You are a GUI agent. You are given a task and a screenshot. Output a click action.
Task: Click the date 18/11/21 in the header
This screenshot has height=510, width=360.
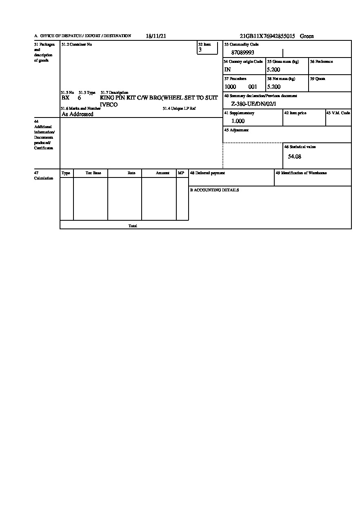156,36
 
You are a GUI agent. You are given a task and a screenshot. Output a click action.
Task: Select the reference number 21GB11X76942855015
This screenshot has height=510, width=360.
267,36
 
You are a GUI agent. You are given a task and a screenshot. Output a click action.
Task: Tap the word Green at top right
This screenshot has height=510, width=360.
307,36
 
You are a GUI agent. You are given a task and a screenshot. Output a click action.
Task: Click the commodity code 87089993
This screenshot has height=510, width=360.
243,53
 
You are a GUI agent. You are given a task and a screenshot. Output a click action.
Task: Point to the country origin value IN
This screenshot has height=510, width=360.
227,70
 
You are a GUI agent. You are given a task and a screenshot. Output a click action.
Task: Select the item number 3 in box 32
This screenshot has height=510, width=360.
200,50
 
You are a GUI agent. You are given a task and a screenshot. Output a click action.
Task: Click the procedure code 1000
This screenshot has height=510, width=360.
230,87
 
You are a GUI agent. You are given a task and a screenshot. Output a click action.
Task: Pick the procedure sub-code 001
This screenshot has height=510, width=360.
253,87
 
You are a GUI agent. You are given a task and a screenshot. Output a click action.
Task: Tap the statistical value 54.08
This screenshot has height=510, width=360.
295,156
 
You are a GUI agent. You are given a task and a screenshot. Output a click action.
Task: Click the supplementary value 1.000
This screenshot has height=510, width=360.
238,121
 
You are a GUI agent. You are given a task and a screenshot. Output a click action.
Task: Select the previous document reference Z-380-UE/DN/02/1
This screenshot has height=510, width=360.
253,104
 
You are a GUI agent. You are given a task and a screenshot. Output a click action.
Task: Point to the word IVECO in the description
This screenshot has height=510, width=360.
109,105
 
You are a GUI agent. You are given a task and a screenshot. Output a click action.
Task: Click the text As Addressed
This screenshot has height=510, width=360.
78,114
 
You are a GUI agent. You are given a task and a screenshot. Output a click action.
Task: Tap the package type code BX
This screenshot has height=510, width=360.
65,98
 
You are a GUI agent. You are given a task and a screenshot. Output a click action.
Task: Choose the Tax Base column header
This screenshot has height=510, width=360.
93,173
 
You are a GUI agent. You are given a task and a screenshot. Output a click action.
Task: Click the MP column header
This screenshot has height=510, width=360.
181,173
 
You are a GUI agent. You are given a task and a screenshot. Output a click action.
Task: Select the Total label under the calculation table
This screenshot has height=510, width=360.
133,226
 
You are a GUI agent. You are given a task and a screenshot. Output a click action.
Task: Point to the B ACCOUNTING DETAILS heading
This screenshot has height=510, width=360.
214,190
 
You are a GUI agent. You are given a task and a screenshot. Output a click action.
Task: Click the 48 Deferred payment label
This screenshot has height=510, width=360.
207,173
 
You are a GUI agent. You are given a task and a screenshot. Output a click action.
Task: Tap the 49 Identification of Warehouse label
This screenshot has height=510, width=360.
301,173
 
